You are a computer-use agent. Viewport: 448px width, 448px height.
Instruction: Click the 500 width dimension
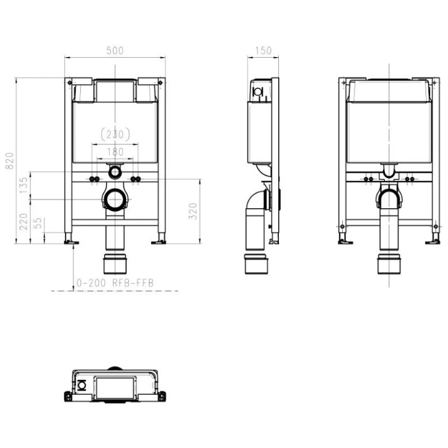(x=115, y=50)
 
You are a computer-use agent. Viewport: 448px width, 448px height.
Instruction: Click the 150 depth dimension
(x=263, y=50)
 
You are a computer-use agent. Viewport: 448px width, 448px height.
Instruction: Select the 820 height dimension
(x=10, y=161)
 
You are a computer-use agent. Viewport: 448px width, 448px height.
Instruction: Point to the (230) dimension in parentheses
(x=115, y=134)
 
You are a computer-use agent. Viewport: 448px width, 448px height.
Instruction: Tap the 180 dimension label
(x=115, y=152)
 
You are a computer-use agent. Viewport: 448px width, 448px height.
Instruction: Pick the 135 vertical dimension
(x=24, y=185)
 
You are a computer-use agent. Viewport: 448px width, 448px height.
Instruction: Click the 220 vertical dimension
(x=24, y=221)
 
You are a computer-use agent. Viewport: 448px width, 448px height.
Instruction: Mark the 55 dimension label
(x=38, y=223)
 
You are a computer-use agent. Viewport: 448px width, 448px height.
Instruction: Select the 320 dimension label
(x=193, y=211)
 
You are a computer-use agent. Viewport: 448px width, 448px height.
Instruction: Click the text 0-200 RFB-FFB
(x=115, y=283)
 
